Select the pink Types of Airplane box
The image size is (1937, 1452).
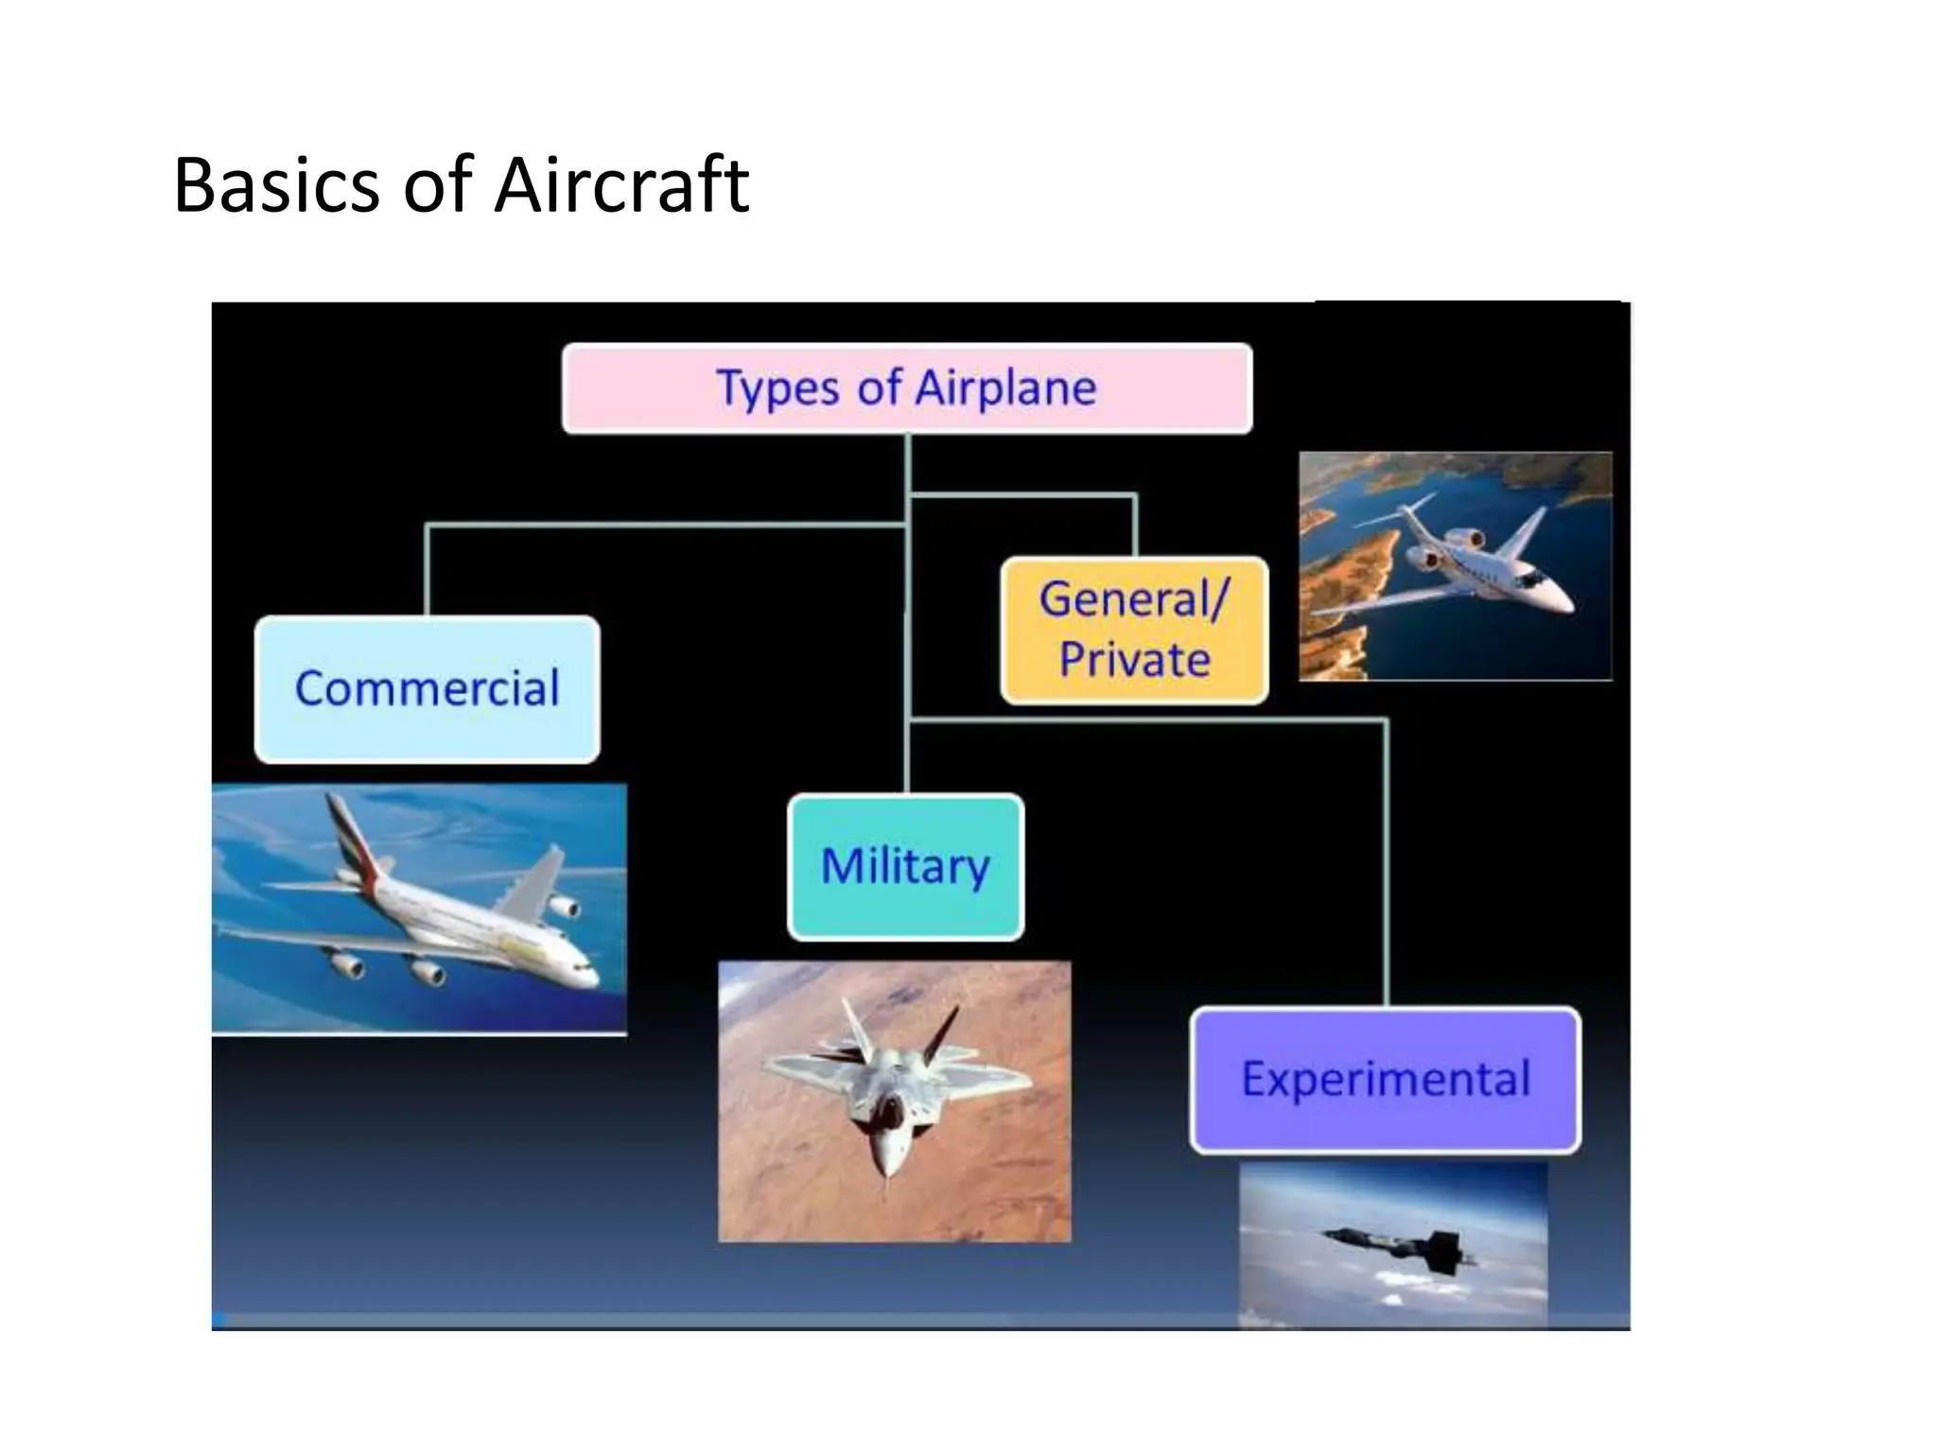pos(906,389)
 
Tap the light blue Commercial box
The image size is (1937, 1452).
pos(427,688)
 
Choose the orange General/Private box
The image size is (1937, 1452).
pos(1134,630)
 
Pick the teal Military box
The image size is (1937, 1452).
pos(905,867)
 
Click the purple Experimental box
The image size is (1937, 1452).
pos(1385,1080)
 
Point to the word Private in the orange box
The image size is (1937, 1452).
pos(1134,660)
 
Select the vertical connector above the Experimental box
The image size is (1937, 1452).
pos(1387,860)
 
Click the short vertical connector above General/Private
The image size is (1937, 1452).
pos(1135,526)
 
